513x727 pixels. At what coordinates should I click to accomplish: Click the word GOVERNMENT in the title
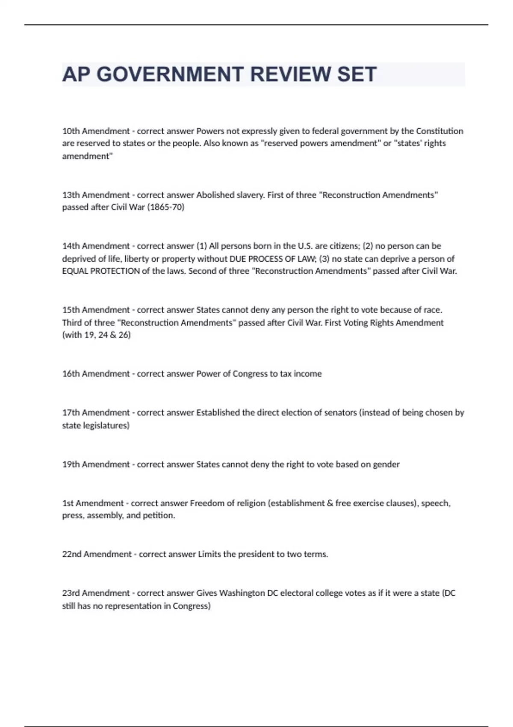(x=170, y=74)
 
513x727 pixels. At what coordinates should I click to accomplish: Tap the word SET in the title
(x=357, y=74)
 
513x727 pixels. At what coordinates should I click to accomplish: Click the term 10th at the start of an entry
(x=71, y=131)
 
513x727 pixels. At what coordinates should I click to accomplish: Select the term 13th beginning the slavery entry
(x=71, y=195)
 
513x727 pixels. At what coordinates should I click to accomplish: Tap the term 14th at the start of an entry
(x=71, y=246)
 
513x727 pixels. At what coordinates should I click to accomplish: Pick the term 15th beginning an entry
(x=71, y=310)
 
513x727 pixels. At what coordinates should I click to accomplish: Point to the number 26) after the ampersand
(x=124, y=335)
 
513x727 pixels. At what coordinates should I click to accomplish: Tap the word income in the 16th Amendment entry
(x=307, y=374)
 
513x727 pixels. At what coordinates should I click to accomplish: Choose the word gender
(x=386, y=464)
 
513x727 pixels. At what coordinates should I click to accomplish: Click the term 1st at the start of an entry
(x=68, y=503)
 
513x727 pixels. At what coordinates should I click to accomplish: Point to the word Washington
(x=242, y=593)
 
